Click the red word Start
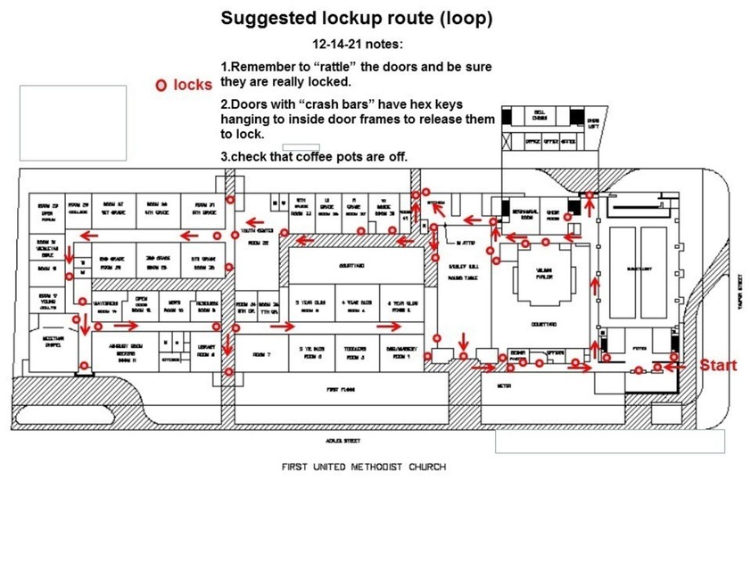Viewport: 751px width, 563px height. click(718, 366)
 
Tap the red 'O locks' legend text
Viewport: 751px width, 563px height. click(184, 85)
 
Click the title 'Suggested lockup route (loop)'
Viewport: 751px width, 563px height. click(356, 18)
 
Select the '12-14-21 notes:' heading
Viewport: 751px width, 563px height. click(356, 43)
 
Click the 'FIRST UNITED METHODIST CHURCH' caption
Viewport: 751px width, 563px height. click(363, 467)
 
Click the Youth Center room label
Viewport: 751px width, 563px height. click(258, 236)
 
